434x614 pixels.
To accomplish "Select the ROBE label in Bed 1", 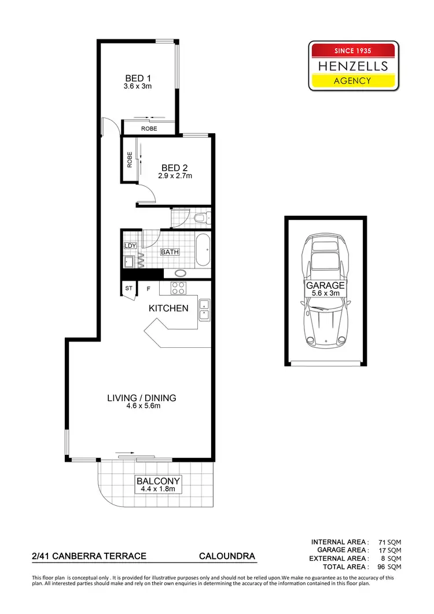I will point(149,128).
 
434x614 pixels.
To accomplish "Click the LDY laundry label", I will point(130,245).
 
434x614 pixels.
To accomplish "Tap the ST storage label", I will point(128,288).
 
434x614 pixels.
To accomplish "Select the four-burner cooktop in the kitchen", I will point(176,288).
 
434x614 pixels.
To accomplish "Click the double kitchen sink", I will point(204,310).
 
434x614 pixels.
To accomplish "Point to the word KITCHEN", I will point(168,308).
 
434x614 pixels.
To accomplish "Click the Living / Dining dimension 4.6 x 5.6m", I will point(141,406).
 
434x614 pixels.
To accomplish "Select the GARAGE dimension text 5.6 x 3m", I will point(325,293).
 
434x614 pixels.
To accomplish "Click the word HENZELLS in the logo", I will point(353,66).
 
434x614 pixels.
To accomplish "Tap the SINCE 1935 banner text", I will point(353,51).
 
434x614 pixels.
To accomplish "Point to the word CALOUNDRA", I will point(227,556).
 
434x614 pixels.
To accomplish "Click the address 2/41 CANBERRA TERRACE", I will point(89,556).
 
